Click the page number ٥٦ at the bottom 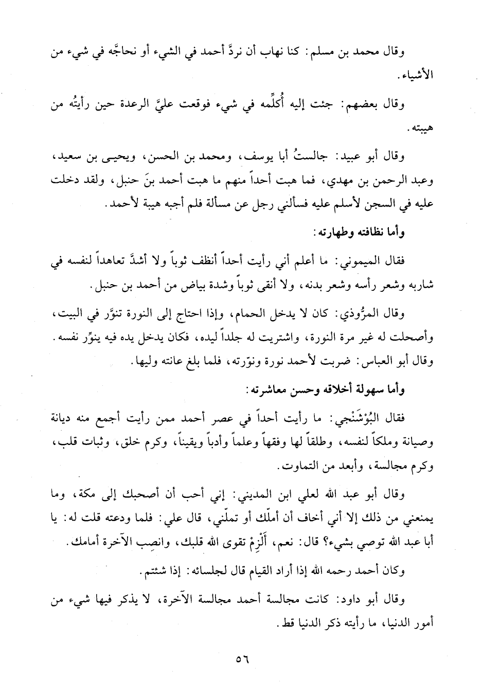[x=241, y=659]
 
